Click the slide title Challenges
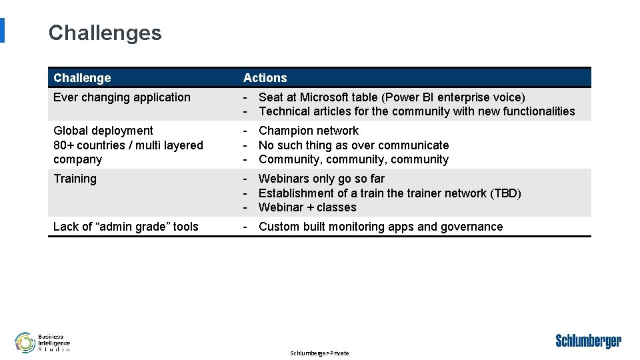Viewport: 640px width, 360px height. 105,33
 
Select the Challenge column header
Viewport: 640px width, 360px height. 82,78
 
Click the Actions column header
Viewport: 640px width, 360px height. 265,78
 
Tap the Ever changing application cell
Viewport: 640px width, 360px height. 121,97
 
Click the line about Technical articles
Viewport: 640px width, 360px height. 416,111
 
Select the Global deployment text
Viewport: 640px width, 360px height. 103,131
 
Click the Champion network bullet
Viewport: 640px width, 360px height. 308,131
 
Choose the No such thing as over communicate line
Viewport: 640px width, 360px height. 353,145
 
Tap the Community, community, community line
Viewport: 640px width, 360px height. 353,159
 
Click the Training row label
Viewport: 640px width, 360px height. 75,179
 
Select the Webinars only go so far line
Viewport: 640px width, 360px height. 321,179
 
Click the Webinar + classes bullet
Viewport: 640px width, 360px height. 307,207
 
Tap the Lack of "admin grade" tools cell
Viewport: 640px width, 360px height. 125,227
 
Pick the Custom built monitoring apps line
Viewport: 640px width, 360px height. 380,227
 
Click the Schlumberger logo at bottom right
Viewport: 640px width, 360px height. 588,341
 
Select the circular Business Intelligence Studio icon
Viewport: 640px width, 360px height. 25,342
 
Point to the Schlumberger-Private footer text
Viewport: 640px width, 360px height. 319,353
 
